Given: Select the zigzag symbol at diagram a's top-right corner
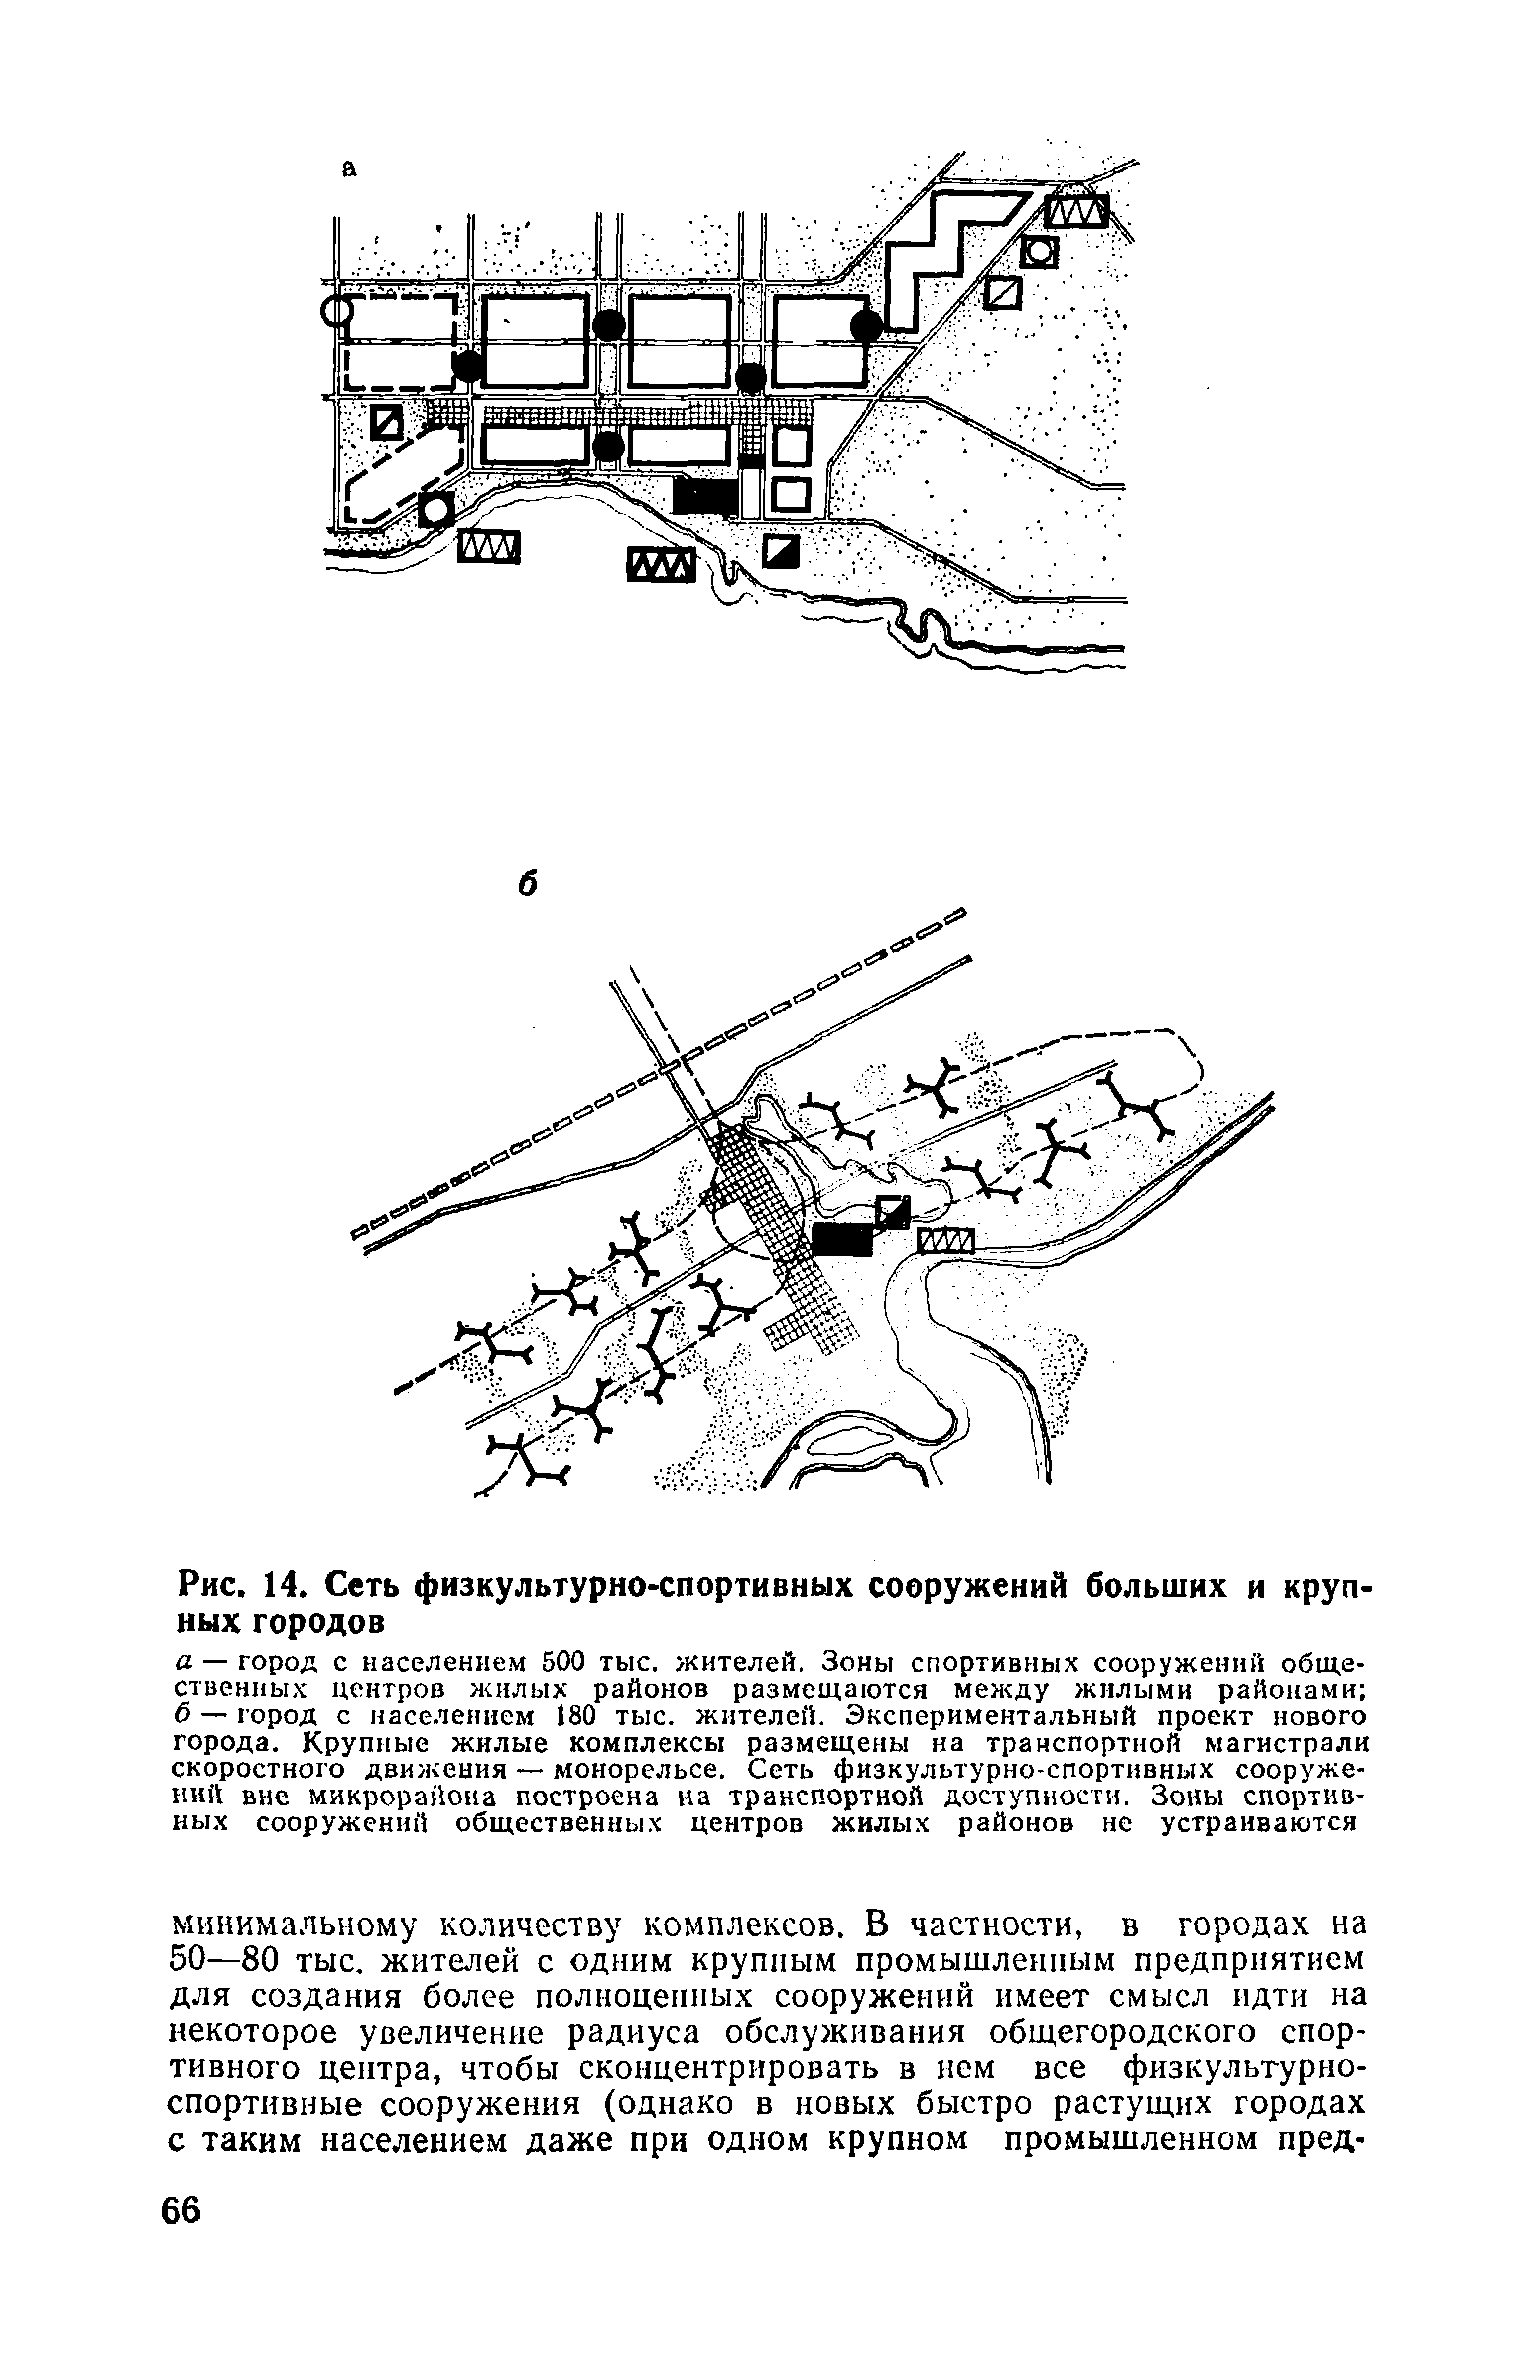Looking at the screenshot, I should coord(1076,212).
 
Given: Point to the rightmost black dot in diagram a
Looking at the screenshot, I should coord(867,324).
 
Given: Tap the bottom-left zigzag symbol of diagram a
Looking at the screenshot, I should coord(489,546).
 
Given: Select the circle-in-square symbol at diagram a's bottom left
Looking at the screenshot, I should coord(436,510).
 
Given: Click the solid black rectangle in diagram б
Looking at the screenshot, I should coord(842,1239).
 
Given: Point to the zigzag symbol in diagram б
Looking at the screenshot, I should coord(945,1241).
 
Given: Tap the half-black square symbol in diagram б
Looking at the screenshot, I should coord(893,1211).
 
